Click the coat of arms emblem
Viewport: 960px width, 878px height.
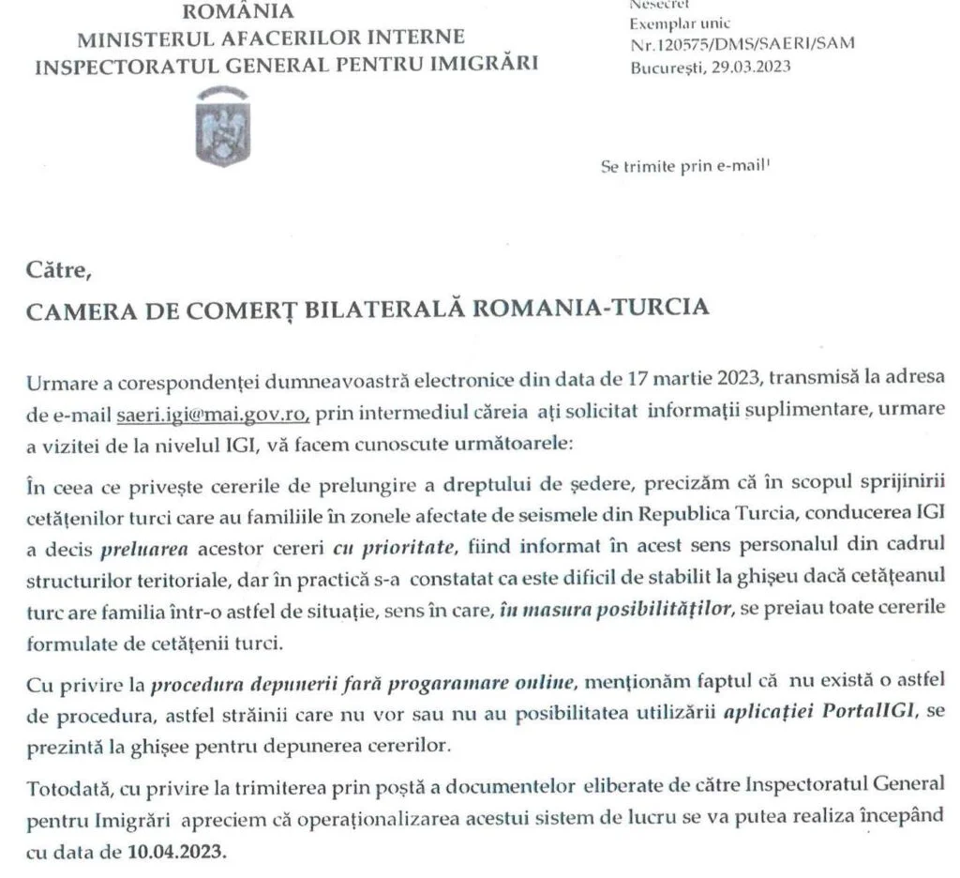221,127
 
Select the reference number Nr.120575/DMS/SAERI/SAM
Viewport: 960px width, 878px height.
742,42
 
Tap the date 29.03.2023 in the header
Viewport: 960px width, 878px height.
751,67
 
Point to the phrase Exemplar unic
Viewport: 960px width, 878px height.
681,23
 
